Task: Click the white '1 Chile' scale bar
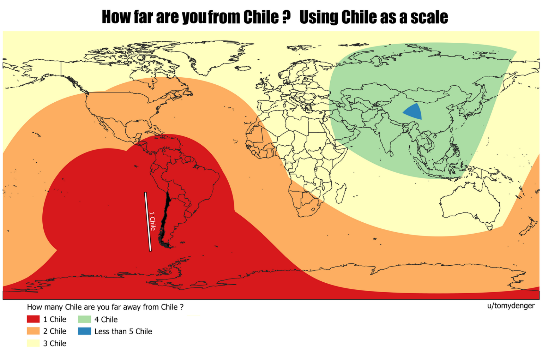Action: [x=148, y=221]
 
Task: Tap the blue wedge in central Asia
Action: [x=414, y=112]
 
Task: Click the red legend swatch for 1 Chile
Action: [x=33, y=319]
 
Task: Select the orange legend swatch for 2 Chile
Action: [x=33, y=331]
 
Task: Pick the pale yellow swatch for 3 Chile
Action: [x=33, y=343]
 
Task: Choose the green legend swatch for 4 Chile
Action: [x=84, y=319]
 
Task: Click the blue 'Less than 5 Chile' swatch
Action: [x=84, y=331]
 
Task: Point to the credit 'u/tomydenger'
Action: [x=510, y=306]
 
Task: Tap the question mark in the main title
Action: [x=286, y=17]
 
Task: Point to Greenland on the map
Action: [x=208, y=56]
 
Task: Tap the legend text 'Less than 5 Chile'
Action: [x=123, y=331]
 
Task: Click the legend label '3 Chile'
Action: [x=55, y=343]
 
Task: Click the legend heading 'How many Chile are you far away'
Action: [x=105, y=307]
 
